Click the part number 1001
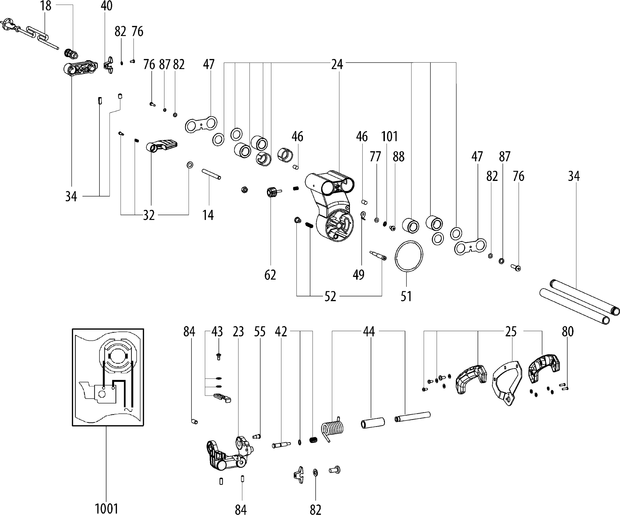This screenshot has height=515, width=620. (x=106, y=509)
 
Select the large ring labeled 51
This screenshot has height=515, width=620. (x=409, y=256)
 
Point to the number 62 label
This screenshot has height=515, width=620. (x=270, y=275)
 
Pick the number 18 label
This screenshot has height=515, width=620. (x=46, y=6)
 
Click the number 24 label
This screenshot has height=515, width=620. (x=337, y=64)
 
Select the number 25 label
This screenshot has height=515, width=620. (x=511, y=332)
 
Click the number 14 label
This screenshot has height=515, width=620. (x=208, y=215)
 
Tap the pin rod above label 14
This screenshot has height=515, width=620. (x=211, y=174)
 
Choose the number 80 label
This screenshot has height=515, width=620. (x=568, y=332)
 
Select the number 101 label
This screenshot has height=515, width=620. (x=389, y=137)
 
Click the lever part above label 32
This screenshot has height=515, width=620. (x=162, y=145)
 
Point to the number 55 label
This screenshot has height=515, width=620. (x=260, y=332)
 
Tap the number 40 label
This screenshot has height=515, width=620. (x=107, y=6)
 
